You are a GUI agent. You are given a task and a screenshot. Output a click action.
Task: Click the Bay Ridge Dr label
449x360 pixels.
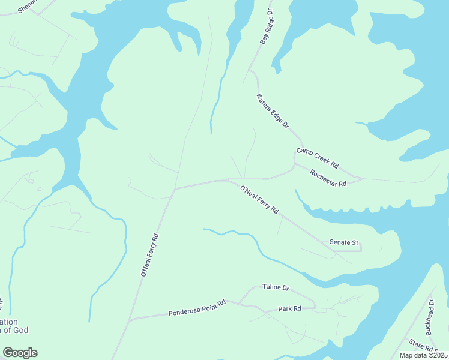tap(267, 27)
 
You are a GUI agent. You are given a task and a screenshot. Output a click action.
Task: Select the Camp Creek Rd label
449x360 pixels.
tap(318, 157)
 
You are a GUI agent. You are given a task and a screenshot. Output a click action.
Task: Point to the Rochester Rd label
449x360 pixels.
tap(328, 178)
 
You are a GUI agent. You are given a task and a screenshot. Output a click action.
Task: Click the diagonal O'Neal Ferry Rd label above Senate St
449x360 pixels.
tap(260, 200)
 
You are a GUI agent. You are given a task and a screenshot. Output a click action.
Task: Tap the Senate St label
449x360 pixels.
tap(344, 243)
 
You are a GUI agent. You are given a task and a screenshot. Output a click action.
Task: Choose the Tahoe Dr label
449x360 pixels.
tap(276, 288)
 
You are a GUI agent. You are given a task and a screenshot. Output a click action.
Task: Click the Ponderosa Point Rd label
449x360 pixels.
tap(197, 308)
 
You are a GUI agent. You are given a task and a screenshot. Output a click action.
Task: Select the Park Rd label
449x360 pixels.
tap(289, 309)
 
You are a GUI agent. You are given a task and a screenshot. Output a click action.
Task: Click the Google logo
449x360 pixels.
tap(20, 353)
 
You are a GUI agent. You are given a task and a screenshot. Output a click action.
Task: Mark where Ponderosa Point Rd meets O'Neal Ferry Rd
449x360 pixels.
tap(130, 319)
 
